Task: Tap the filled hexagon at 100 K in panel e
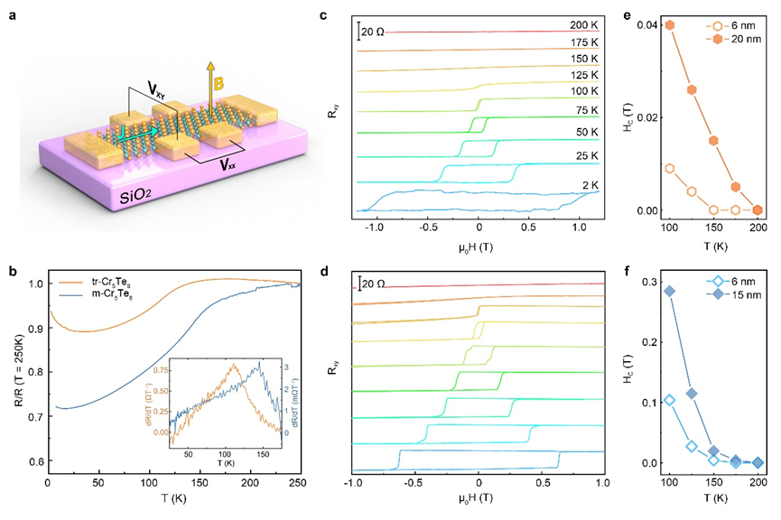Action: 670,24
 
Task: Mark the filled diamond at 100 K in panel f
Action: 670,291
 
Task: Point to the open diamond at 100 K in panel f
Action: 670,400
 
